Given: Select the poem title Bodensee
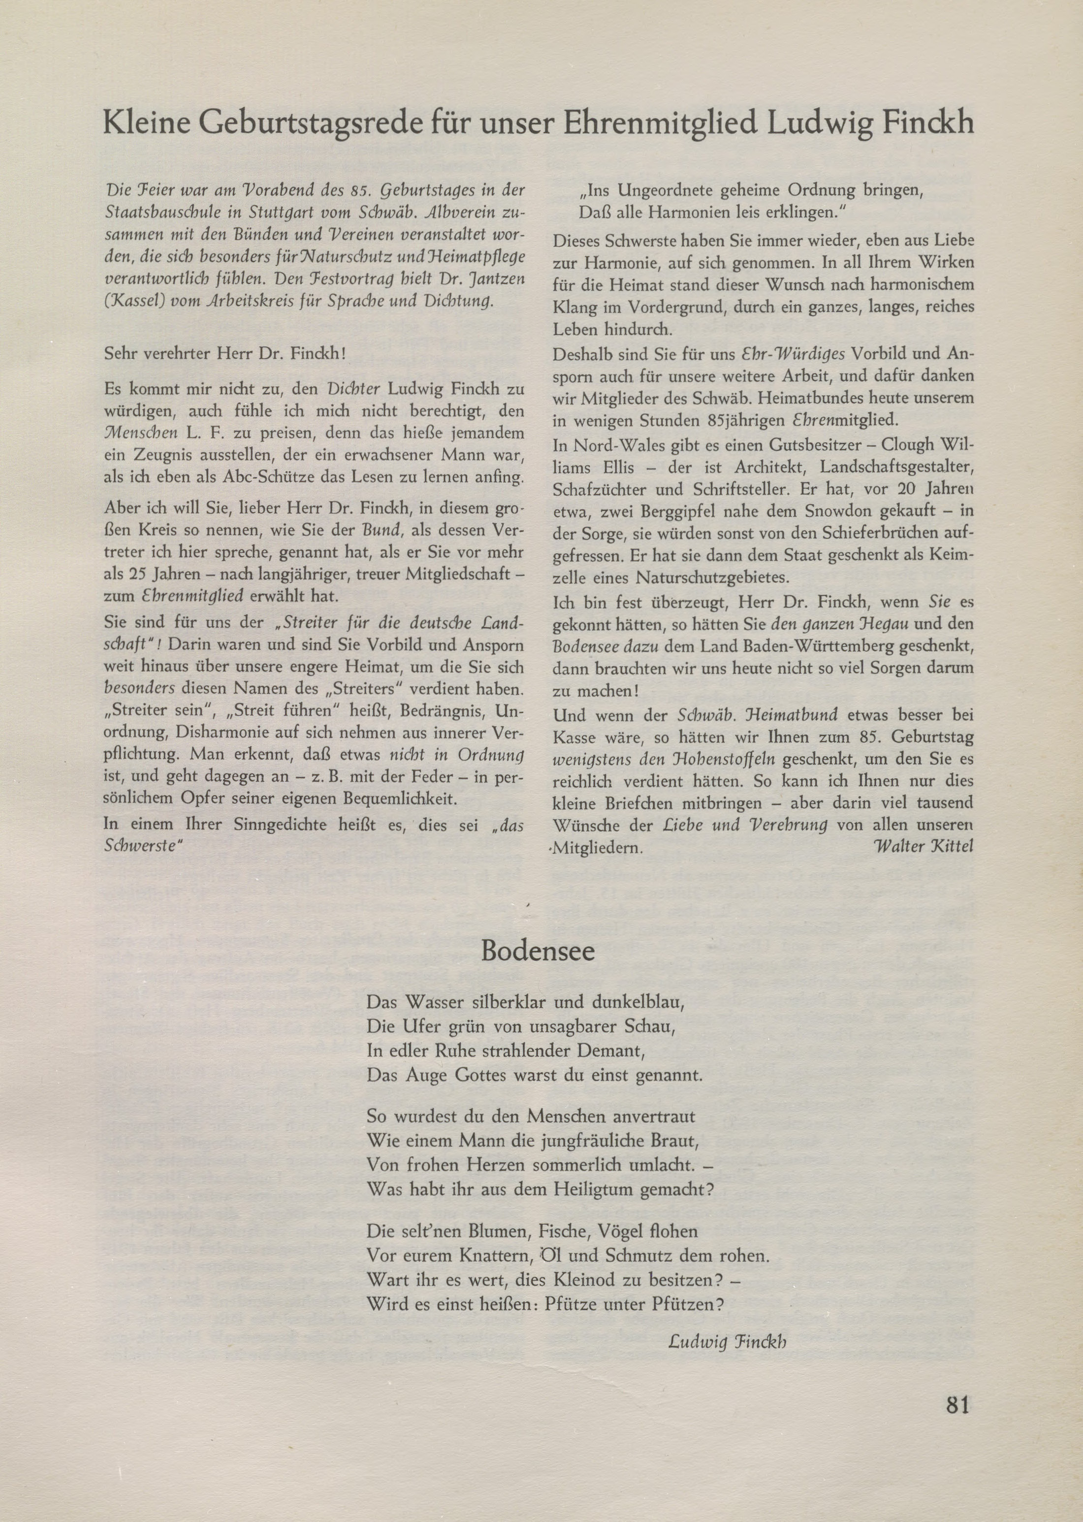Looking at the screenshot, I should [x=538, y=951].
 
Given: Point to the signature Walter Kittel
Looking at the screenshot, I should [x=923, y=847].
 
